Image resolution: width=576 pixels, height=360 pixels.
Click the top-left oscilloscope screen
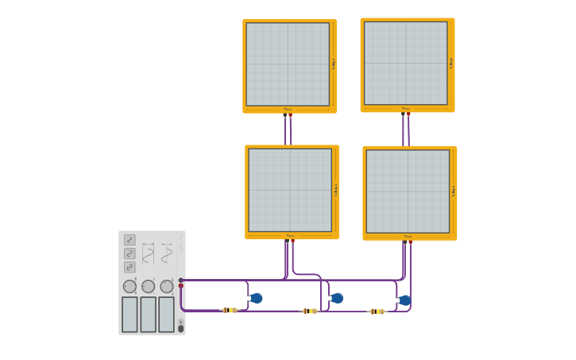pyautogui.click(x=288, y=64)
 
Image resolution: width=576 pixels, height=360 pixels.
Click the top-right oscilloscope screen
pyautogui.click(x=405, y=63)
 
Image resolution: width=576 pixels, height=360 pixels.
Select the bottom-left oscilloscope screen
pyautogui.click(x=289, y=190)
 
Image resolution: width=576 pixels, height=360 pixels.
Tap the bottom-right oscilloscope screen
pyautogui.click(x=408, y=191)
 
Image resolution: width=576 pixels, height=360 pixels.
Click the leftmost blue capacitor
pyautogui.click(x=256, y=298)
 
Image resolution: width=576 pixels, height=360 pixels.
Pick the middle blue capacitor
pyautogui.click(x=337, y=298)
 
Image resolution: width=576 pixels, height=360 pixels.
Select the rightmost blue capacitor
pyautogui.click(x=404, y=300)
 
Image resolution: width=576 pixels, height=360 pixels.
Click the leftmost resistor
pyautogui.click(x=230, y=310)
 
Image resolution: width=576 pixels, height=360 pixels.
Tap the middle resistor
pyautogui.click(x=310, y=311)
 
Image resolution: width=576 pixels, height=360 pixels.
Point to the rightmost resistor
pyautogui.click(x=377, y=312)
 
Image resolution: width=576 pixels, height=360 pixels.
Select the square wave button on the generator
pyautogui.click(x=130, y=267)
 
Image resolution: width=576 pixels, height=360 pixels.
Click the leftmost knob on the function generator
pyautogui.click(x=130, y=286)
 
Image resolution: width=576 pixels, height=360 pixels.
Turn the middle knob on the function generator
pyautogui.click(x=148, y=286)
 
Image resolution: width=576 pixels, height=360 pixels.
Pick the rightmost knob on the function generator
pyautogui.click(x=166, y=286)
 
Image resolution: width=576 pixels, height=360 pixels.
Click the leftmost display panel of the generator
pyautogui.click(x=130, y=314)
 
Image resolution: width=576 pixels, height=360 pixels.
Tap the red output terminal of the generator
pyautogui.click(x=181, y=286)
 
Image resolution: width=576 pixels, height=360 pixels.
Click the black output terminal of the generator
pyautogui.click(x=181, y=280)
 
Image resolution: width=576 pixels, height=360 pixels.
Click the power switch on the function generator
pyautogui.click(x=180, y=328)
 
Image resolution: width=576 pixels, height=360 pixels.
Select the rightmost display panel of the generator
pyautogui.click(x=166, y=314)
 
